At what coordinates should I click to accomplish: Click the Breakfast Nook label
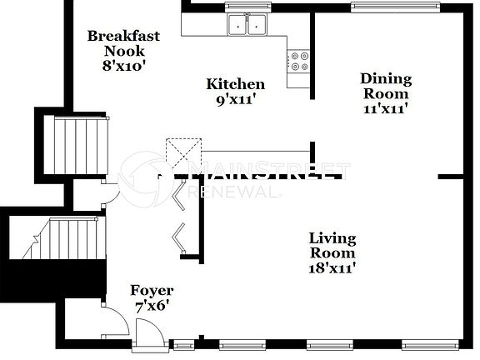click(123, 43)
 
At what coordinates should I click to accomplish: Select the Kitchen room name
click(236, 84)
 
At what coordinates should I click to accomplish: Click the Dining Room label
click(386, 86)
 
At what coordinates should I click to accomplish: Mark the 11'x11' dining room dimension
click(386, 108)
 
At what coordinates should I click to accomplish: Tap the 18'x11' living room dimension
click(332, 267)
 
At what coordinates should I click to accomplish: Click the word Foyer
click(152, 291)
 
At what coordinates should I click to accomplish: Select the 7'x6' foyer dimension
click(152, 306)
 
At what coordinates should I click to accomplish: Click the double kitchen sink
click(247, 25)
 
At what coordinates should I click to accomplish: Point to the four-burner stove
click(298, 60)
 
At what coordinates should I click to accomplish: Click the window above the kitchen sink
click(247, 7)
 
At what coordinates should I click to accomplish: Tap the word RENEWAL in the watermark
click(234, 192)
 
